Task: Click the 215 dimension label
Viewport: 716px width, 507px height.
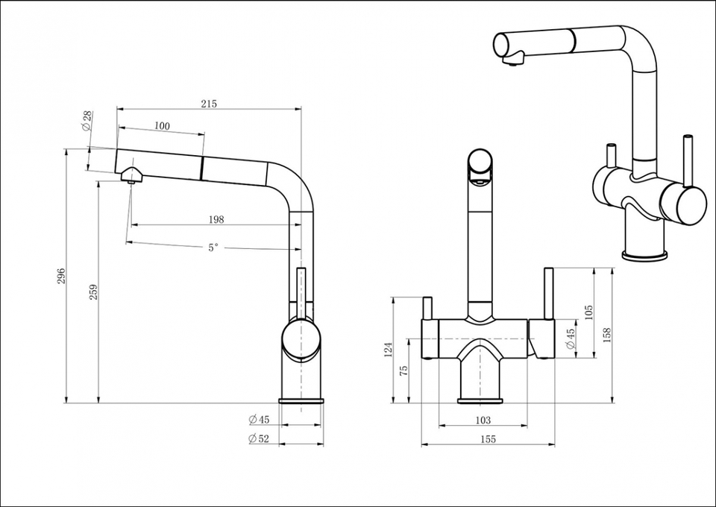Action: [209, 104]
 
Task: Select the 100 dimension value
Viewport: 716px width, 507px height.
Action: [162, 126]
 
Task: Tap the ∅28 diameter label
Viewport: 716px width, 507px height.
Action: [87, 120]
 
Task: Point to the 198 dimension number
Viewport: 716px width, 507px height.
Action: [217, 219]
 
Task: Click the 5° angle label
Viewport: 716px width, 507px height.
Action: [213, 248]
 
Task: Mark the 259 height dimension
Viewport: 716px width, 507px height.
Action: [92, 292]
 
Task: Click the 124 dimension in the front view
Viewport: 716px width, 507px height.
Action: [387, 350]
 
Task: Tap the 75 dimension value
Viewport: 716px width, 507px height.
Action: [403, 371]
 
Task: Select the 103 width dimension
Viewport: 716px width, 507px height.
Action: [483, 421]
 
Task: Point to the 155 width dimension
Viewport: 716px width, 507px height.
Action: [488, 440]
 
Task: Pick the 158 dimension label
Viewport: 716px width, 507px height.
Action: [606, 336]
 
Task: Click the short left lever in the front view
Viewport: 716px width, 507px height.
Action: [429, 308]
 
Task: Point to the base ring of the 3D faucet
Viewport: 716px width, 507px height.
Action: [644, 256]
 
